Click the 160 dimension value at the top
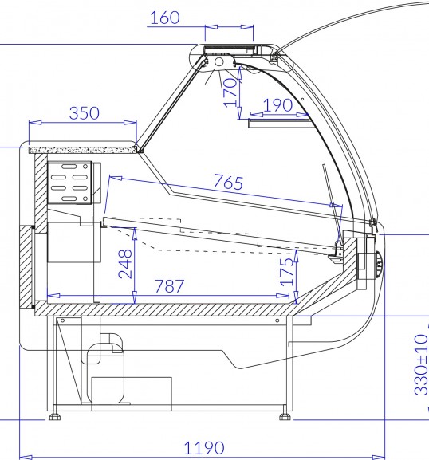pos(164,18)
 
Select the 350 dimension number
pos(85,113)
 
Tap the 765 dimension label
pos(229,182)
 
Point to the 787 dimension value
pos(169,285)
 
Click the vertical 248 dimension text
pos(125,264)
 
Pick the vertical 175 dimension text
pos(287,272)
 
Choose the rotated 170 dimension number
pos(230,92)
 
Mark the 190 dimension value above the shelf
pos(277,105)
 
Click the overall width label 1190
pos(204,448)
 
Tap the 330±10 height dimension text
pos(421,364)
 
